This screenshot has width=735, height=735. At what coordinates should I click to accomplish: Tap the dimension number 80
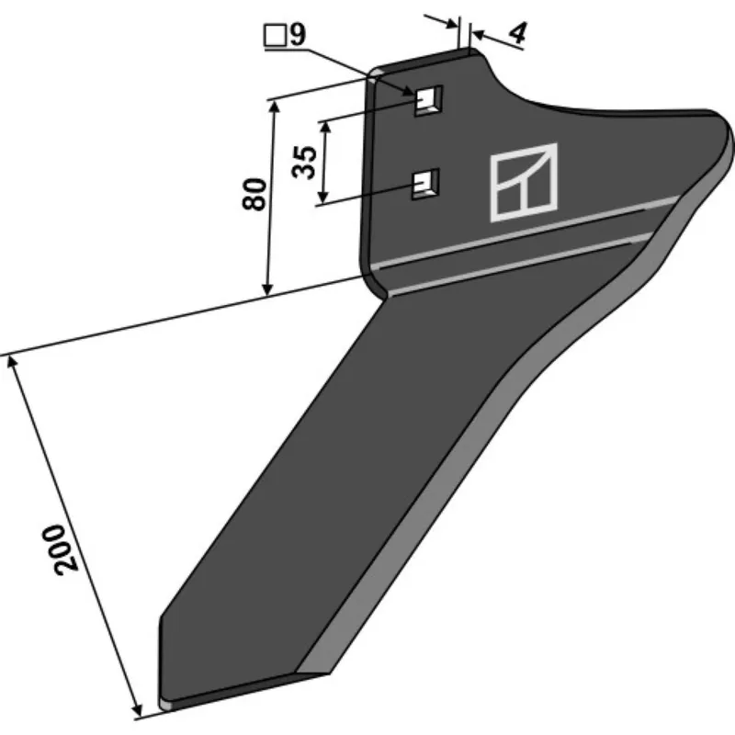[254, 194]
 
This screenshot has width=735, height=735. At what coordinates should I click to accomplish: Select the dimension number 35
[304, 163]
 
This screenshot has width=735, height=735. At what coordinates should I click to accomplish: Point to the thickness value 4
[517, 33]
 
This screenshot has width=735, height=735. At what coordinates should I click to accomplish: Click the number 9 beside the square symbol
[298, 34]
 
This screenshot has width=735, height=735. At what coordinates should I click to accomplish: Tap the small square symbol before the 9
[275, 36]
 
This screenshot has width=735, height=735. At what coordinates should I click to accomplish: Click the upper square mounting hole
[428, 100]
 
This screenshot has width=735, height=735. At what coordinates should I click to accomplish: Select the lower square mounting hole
[425, 184]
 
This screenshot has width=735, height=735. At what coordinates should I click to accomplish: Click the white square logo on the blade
[524, 182]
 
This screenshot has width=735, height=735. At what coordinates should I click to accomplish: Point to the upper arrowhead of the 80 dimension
[274, 107]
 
